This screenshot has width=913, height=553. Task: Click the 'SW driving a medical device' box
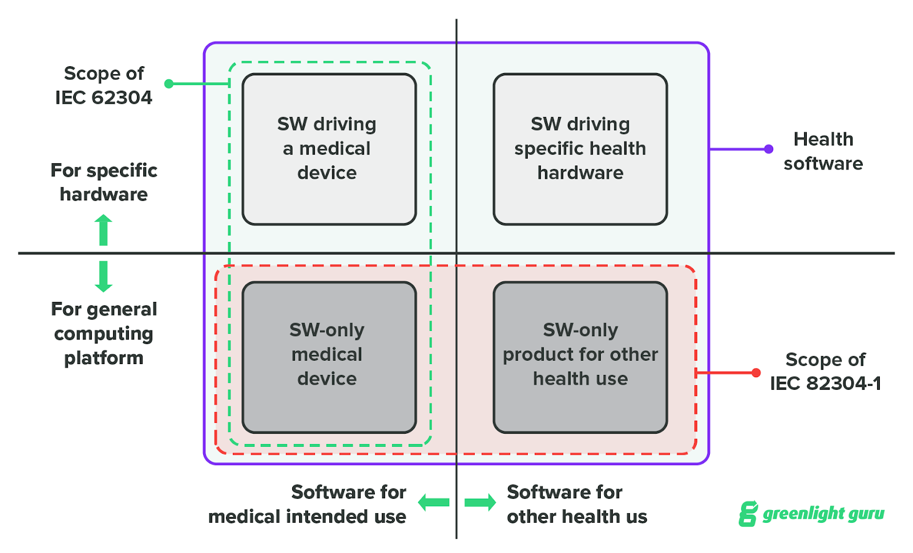pyautogui.click(x=329, y=149)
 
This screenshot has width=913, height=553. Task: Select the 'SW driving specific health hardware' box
pyautogui.click(x=580, y=149)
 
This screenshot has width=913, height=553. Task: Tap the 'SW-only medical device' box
pyautogui.click(x=329, y=357)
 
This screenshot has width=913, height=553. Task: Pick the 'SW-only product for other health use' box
pyautogui.click(x=580, y=357)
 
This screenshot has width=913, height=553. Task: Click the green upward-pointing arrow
pyautogui.click(x=103, y=229)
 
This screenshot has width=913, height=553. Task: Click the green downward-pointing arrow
pyautogui.click(x=103, y=277)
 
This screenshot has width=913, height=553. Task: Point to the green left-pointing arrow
pyautogui.click(x=434, y=503)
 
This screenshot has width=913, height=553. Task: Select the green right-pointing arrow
pyautogui.click(x=480, y=503)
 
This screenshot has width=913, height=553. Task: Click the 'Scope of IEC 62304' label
pyautogui.click(x=104, y=86)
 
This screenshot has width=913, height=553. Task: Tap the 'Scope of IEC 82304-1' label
pyautogui.click(x=825, y=372)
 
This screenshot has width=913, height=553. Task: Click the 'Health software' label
pyautogui.click(x=823, y=151)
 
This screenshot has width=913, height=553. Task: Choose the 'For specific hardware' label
pyautogui.click(x=104, y=182)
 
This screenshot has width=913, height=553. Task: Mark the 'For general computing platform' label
pyautogui.click(x=104, y=333)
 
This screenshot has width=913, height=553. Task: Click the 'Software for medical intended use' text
pyautogui.click(x=308, y=504)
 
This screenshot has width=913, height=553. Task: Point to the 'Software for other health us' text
pyautogui.click(x=576, y=504)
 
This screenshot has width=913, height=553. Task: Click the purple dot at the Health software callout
pyautogui.click(x=769, y=149)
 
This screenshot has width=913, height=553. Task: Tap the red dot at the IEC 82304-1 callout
pyautogui.click(x=756, y=373)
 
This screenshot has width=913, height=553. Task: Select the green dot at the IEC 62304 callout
pyautogui.click(x=169, y=84)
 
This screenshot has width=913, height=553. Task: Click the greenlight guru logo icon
pyautogui.click(x=748, y=514)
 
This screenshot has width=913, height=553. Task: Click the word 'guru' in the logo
pyautogui.click(x=865, y=514)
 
